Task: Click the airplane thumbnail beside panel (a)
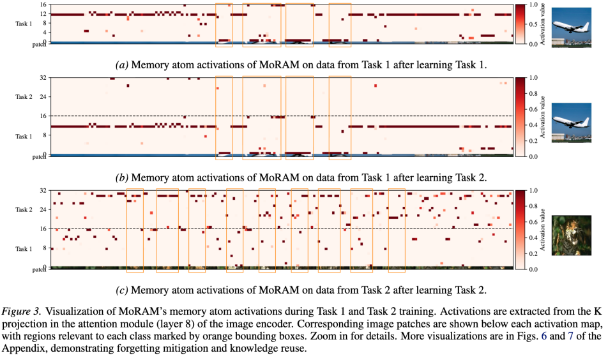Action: point(571,27)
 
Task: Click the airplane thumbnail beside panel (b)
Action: point(571,123)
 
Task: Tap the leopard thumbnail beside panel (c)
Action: point(571,236)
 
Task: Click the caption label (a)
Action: point(122,64)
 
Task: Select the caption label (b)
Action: point(122,177)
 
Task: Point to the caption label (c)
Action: point(122,290)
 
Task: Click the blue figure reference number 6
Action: point(544,336)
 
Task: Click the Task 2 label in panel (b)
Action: point(24,97)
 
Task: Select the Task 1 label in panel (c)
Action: point(24,249)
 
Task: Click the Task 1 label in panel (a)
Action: point(24,24)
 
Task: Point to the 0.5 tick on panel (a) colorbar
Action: point(533,24)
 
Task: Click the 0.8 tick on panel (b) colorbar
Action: point(533,93)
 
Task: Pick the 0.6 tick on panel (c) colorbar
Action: point(533,222)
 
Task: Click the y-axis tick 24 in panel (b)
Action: point(43,96)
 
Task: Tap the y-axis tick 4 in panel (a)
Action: point(45,32)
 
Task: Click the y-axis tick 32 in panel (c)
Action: point(43,190)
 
